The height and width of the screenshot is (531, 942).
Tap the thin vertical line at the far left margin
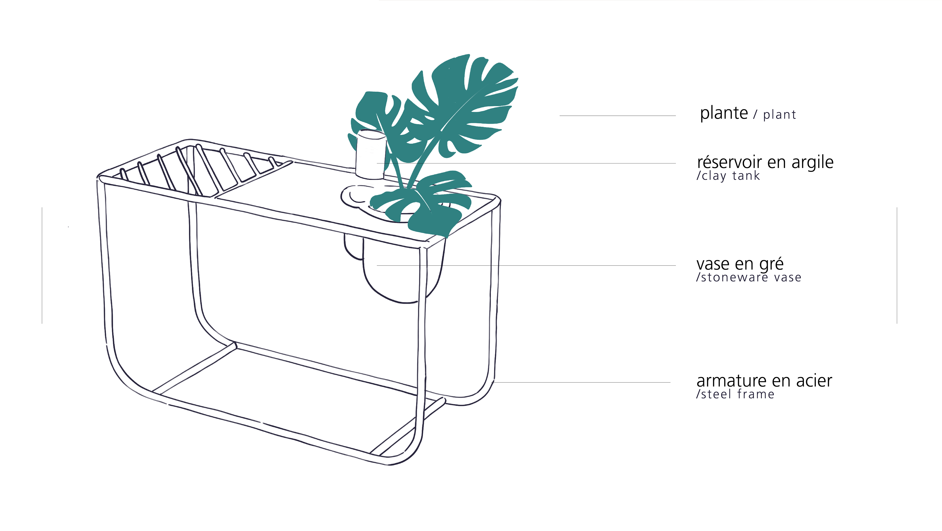[42, 265]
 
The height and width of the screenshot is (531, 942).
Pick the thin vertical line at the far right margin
[897, 265]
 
